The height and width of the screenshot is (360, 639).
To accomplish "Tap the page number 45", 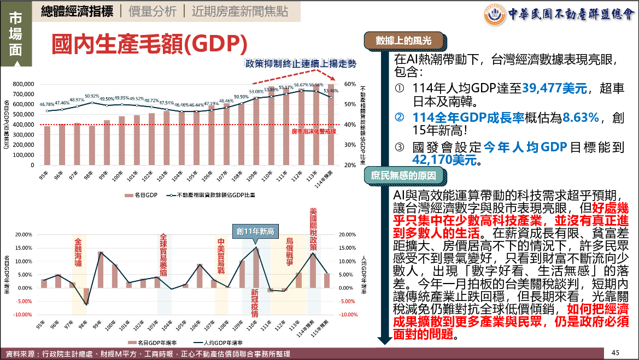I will (615, 352).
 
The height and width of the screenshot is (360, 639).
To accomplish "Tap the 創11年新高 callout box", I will (256, 231).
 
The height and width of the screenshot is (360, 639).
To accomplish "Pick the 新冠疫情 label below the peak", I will (255, 302).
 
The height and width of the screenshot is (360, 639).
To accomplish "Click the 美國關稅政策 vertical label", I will (313, 229).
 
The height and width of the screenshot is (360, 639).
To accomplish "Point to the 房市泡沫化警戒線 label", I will (313, 131).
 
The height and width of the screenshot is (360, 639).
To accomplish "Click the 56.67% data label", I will (301, 85).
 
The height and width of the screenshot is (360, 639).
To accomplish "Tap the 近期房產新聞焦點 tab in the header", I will (239, 11).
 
